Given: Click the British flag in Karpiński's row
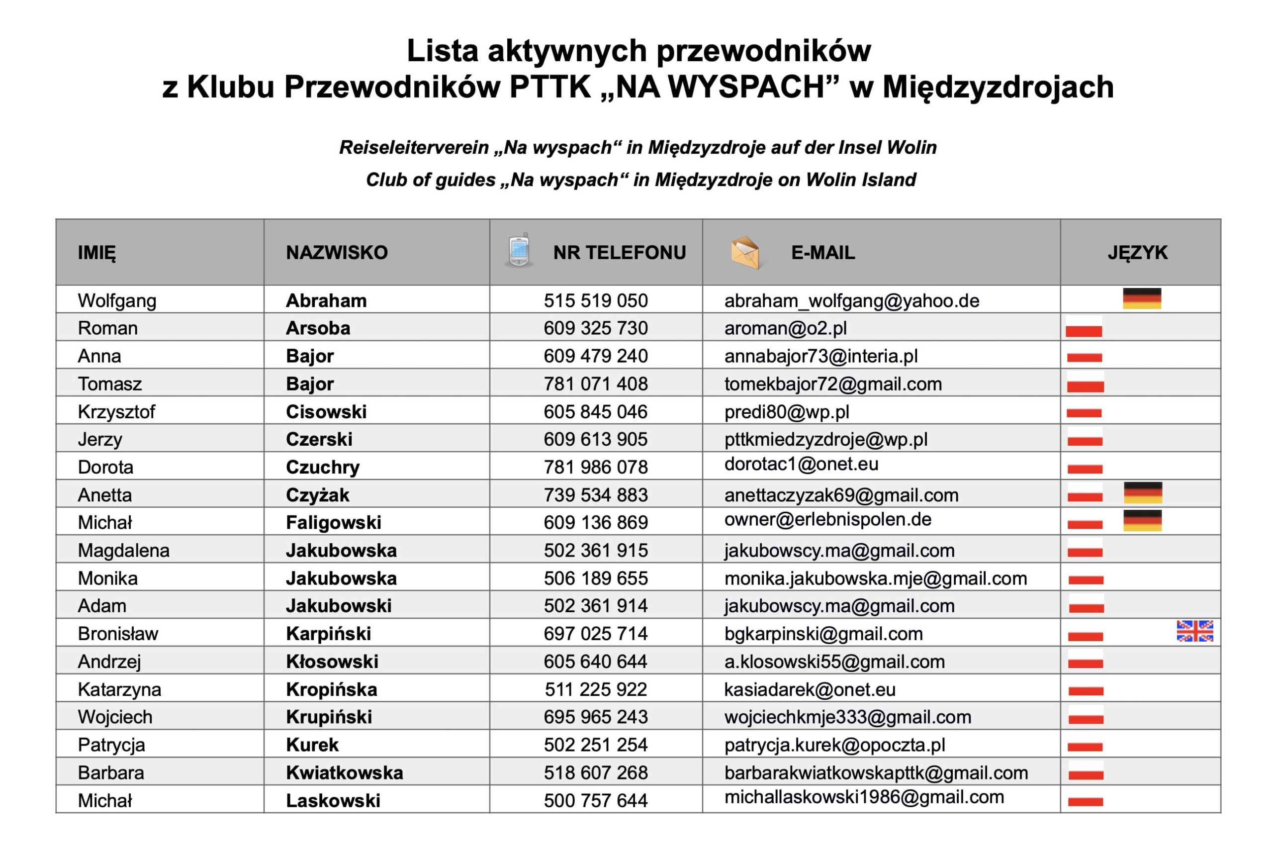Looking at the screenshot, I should point(1194,631).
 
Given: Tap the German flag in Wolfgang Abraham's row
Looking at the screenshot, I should point(1142,298).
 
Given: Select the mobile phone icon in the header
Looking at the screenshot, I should point(518,250).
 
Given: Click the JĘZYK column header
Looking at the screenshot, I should point(1137,253).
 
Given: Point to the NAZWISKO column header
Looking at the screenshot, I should point(336,253).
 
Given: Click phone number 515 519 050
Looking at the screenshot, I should point(595,301).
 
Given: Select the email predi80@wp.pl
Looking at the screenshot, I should point(786,412).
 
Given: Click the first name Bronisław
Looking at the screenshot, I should point(118,634).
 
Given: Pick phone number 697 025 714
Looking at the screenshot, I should point(595,634).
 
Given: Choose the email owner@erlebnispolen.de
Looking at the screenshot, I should point(827,519).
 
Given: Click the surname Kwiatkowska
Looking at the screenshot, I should point(344,773).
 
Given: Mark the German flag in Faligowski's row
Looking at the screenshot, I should point(1142,520).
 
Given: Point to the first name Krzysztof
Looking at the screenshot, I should point(116,412).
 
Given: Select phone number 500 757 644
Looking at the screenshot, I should point(595,801).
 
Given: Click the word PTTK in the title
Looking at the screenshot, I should point(549,87).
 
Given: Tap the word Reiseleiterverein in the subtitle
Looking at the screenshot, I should point(414,148).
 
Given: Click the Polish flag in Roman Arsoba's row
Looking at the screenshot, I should point(1084,326).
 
